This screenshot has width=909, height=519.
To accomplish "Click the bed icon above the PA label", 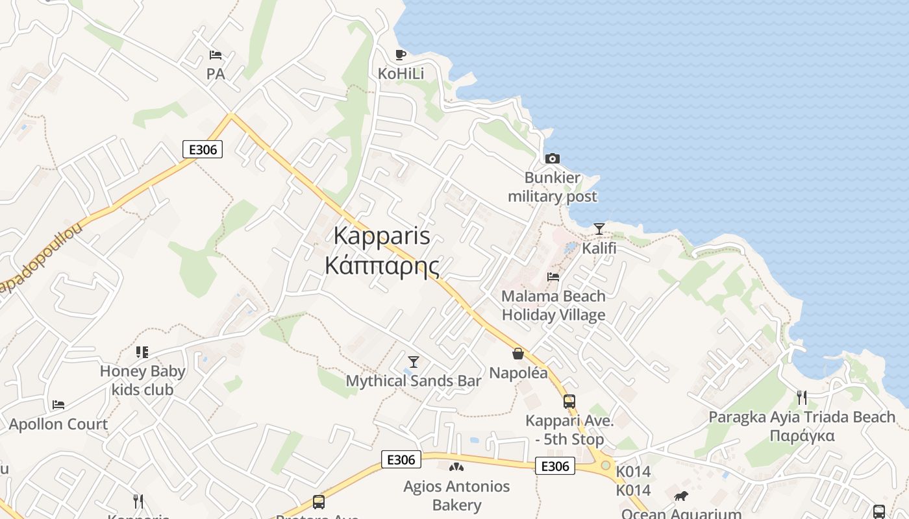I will click(216, 55).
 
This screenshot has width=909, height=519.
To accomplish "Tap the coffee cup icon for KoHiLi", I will click(401, 54).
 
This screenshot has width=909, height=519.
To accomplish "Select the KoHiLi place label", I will click(401, 74).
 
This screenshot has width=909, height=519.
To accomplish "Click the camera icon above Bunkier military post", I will click(553, 158).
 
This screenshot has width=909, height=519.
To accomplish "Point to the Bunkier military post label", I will click(553, 187).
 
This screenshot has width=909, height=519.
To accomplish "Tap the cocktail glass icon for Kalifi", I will click(599, 229).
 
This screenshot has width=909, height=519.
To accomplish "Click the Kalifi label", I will click(599, 248).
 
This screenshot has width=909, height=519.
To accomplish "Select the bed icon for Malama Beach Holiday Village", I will click(553, 276).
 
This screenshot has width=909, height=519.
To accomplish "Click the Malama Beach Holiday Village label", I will click(553, 306).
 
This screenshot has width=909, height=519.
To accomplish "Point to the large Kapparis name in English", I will click(382, 235).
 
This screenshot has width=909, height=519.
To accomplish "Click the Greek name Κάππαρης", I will click(382, 265).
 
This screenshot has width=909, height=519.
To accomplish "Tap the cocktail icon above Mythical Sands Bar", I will click(413, 361).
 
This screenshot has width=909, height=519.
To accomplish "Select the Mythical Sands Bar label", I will click(413, 381).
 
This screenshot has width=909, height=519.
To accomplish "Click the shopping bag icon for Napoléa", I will click(518, 354).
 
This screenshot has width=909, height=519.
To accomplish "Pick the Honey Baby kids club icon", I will click(142, 352).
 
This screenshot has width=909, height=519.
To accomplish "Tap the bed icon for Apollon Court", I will click(58, 405).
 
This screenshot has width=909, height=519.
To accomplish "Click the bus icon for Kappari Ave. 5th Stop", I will click(569, 402).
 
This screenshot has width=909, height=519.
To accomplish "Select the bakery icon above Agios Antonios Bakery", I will click(456, 467).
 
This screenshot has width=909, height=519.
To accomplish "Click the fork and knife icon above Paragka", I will click(802, 397).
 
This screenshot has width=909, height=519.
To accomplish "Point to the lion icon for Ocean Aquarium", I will click(681, 496).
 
